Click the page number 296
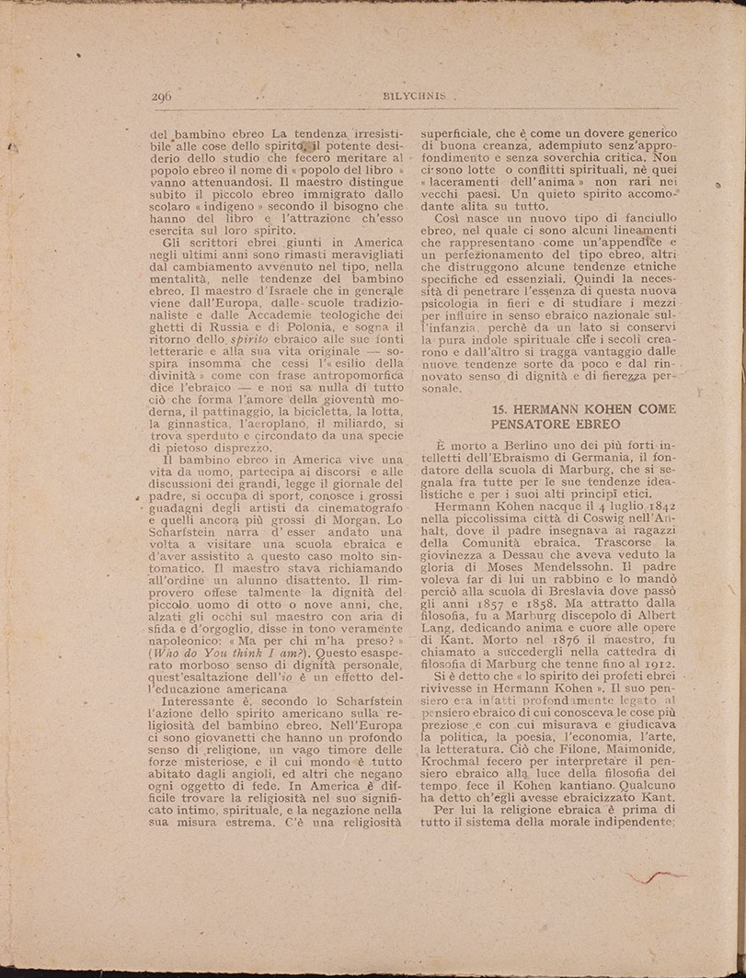(161, 96)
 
